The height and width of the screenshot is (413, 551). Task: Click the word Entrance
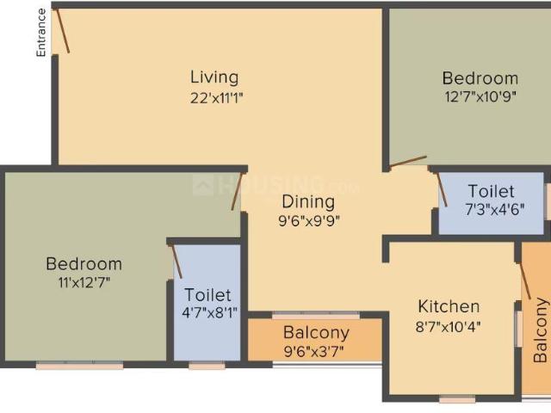pyautogui.click(x=40, y=33)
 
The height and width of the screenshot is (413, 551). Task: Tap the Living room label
pyautogui.click(x=214, y=77)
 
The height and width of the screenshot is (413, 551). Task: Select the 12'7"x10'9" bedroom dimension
pyautogui.click(x=480, y=97)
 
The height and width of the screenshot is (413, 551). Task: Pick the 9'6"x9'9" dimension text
pyautogui.click(x=309, y=221)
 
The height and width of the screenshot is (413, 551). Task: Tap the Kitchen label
pyautogui.click(x=449, y=306)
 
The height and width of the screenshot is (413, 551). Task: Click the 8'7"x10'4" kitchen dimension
pyautogui.click(x=449, y=326)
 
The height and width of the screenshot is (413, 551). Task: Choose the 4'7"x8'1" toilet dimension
pyautogui.click(x=207, y=313)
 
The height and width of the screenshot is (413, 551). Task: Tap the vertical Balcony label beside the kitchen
pyautogui.click(x=540, y=330)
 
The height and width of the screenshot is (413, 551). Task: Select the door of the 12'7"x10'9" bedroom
pyautogui.click(x=407, y=161)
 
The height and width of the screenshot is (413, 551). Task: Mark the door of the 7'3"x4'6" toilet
pyautogui.click(x=442, y=189)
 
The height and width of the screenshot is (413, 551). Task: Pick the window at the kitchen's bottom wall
pyautogui.click(x=457, y=399)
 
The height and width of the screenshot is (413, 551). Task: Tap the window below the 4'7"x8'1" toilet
pyautogui.click(x=207, y=366)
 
